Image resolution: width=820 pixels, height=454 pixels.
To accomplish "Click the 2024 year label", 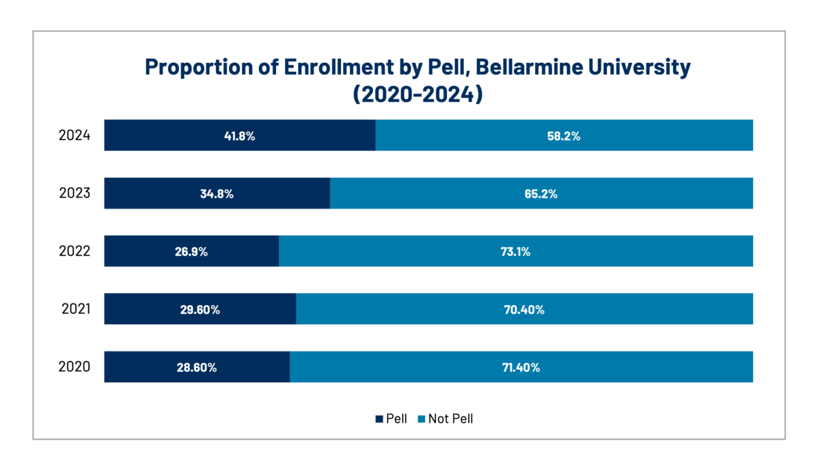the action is click(x=74, y=135).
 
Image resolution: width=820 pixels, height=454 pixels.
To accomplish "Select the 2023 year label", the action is click(x=74, y=193).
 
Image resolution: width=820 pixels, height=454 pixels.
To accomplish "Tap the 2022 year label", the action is click(x=74, y=251).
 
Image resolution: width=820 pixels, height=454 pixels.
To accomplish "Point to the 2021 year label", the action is click(x=76, y=309).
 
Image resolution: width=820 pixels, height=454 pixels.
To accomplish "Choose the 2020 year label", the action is click(x=74, y=366).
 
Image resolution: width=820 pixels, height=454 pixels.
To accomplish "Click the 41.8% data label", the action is click(x=239, y=136).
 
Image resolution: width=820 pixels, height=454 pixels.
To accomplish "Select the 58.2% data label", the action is click(x=564, y=136).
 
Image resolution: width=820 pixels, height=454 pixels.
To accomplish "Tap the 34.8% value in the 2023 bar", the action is click(x=217, y=193).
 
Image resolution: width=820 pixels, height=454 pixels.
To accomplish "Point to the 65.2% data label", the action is click(x=541, y=193).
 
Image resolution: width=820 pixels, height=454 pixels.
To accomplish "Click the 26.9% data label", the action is click(x=191, y=252).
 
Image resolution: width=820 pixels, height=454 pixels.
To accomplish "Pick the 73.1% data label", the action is click(x=515, y=252).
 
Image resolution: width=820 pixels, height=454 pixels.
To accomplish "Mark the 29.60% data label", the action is click(x=200, y=310).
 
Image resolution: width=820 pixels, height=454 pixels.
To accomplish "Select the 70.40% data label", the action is click(x=524, y=310).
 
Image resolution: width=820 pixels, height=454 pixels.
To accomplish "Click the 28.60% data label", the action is click(x=197, y=368).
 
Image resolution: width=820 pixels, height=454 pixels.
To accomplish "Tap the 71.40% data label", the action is click(x=521, y=368).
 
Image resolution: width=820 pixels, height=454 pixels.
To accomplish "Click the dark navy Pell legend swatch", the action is click(x=379, y=419).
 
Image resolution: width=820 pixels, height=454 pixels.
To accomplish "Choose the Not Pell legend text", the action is click(x=450, y=419).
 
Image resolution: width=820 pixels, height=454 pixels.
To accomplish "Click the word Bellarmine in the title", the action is click(x=530, y=67).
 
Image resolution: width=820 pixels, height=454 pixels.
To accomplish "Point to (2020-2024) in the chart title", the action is click(x=418, y=94).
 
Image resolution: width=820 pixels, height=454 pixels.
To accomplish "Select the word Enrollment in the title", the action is click(x=338, y=67).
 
